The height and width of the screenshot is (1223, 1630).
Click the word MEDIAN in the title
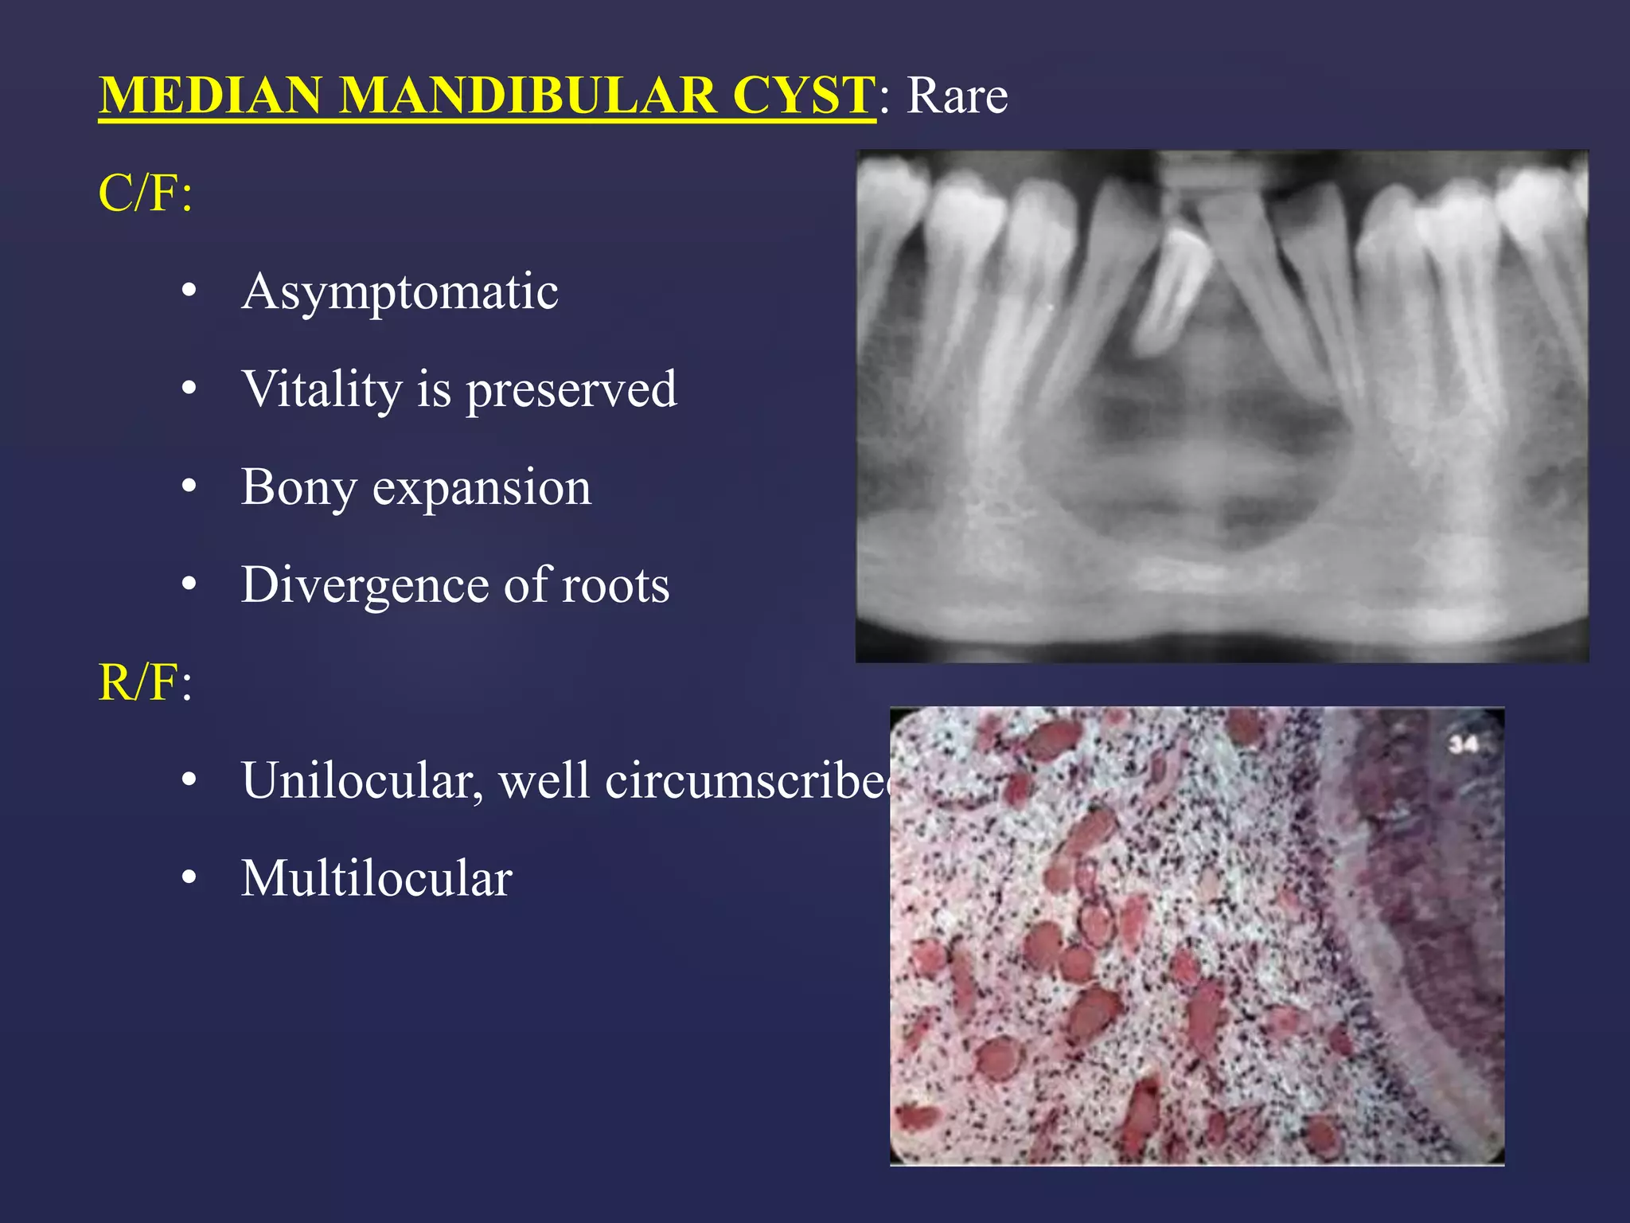coord(210,96)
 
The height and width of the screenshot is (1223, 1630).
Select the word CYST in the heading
coord(804,96)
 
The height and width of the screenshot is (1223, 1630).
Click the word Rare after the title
coord(957,96)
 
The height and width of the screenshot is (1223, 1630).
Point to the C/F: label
coord(145,193)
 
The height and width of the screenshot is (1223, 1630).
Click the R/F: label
coord(145,682)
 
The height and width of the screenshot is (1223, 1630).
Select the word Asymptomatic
coord(400,291)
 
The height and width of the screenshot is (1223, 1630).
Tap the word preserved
coord(571,389)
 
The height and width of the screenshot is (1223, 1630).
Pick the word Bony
coord(298,487)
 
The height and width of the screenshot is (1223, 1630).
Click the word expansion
coord(482,487)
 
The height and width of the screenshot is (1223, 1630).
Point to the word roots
coord(615,585)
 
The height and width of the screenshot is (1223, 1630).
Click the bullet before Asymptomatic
coord(189,291)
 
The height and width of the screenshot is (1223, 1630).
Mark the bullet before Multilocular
coord(189,878)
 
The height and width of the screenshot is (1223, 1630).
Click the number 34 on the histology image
coord(1463,744)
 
